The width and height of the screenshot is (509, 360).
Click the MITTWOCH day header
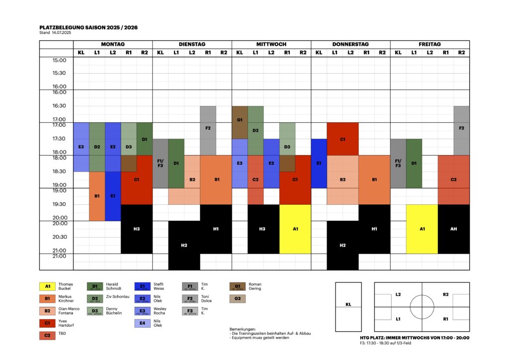pos(271,44)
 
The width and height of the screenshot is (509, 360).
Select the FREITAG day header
pos(429,44)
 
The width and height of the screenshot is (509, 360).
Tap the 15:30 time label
pos(59,73)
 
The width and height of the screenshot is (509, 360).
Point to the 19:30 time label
pos(59,204)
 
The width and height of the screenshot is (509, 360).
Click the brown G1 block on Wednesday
pos(240,120)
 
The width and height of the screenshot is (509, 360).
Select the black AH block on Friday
pos(453,229)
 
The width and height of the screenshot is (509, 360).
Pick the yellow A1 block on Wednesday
pos(295,229)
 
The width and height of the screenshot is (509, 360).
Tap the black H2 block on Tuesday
pos(184,245)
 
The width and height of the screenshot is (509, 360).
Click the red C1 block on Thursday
pos(342,139)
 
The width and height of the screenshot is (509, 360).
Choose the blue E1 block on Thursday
pos(319,163)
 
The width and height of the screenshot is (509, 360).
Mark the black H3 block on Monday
pos(137,229)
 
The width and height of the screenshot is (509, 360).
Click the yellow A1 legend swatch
pos(47,286)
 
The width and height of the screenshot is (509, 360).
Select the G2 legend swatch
pos(238,299)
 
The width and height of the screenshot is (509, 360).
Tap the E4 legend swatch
pos(143,324)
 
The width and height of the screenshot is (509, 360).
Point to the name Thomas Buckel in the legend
pos(66,286)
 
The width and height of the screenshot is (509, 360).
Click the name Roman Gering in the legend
pos(254,286)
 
